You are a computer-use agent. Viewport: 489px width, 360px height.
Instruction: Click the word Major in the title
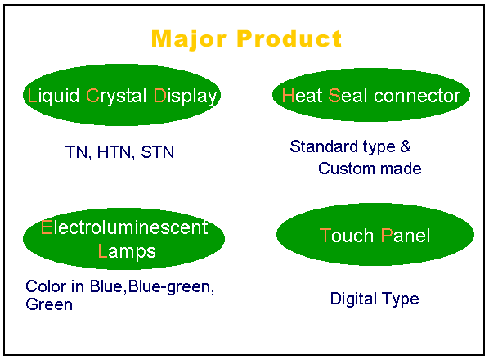tap(188, 39)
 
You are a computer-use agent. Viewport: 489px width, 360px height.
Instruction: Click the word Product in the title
tap(289, 38)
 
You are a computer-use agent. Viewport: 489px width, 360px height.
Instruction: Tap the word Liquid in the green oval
tap(53, 96)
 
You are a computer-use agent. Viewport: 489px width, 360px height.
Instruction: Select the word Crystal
tap(116, 96)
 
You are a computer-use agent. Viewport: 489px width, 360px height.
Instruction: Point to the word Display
tap(186, 96)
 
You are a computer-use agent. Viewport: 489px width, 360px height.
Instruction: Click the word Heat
tap(302, 96)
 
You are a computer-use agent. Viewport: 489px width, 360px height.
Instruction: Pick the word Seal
tap(348, 96)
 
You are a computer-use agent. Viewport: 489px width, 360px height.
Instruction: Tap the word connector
tap(417, 96)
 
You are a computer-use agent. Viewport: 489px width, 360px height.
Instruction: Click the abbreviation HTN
tap(115, 152)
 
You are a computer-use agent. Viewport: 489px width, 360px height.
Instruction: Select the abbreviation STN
tap(158, 152)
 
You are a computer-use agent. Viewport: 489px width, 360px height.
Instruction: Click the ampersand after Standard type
tap(406, 146)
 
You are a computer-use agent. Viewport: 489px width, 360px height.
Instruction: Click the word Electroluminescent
tap(124, 227)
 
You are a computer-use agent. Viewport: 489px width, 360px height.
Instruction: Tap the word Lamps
tap(127, 252)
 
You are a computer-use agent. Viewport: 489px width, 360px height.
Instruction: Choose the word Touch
tap(347, 236)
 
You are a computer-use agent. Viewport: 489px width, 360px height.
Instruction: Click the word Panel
tap(406, 236)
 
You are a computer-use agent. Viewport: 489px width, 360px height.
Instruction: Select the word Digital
tap(352, 299)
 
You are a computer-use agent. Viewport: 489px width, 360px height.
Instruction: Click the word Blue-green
tap(171, 286)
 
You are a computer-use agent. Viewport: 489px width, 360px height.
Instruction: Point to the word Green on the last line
tap(49, 304)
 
